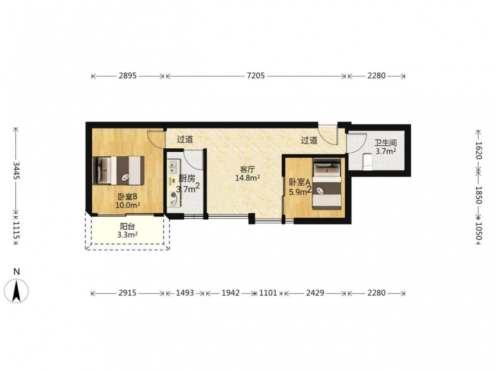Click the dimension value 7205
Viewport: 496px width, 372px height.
(256, 76)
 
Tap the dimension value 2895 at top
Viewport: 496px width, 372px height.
(127, 76)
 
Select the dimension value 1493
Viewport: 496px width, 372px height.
(185, 293)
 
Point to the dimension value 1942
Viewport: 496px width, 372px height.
(231, 293)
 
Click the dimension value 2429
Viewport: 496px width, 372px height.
(315, 293)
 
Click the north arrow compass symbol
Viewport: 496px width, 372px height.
(16, 290)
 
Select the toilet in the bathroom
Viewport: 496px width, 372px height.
(367, 162)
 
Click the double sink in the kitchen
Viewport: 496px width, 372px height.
(173, 166)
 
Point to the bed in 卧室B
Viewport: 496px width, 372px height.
(119, 171)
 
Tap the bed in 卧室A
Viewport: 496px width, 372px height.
(327, 184)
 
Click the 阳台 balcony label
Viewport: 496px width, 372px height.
(127, 227)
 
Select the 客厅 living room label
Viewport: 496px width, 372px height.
(248, 169)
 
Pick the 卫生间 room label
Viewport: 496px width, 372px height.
(385, 143)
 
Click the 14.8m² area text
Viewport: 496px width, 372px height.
(248, 178)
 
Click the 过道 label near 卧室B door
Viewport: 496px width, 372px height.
(185, 139)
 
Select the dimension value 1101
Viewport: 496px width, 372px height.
(268, 293)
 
